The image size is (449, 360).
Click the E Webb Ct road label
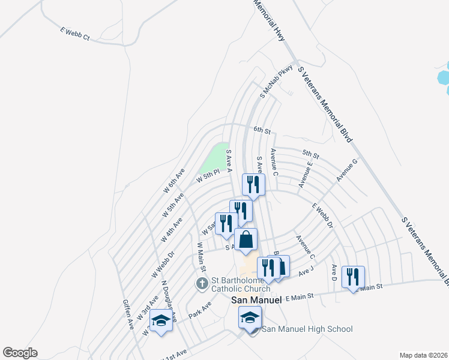pos(74,34)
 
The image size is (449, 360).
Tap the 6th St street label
pos(262,130)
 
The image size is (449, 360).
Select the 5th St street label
pos(310,153)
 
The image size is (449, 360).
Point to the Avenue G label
pos(346,170)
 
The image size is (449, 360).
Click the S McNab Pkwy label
pos(276,82)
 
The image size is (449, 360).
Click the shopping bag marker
pos(246,240)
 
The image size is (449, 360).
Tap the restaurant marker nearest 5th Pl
pos(253,185)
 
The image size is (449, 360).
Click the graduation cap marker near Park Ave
pos(160,322)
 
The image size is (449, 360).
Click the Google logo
pos(20,353)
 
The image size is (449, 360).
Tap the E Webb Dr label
pos(322,216)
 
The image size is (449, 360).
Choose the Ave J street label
pos(306,271)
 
